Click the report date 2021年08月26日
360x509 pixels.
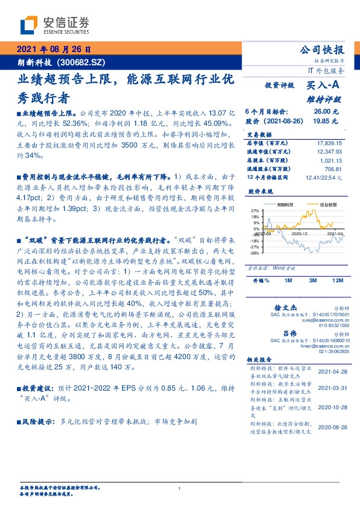[53, 50]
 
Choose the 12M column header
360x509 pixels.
[338, 281]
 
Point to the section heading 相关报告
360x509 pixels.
[260, 359]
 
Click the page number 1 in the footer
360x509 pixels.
[180, 489]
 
